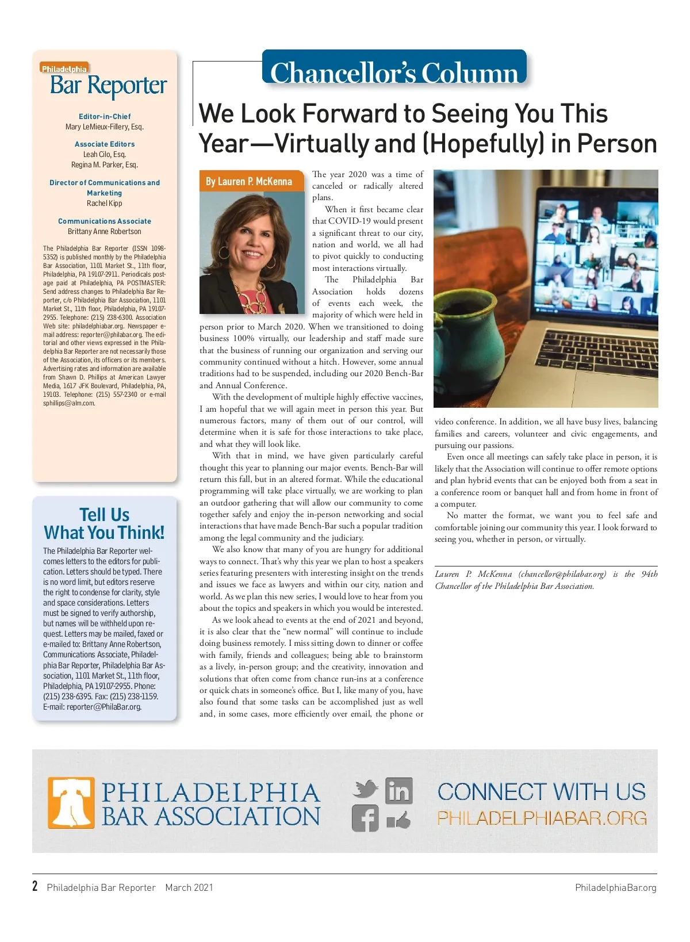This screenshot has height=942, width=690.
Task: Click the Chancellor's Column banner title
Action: [394, 72]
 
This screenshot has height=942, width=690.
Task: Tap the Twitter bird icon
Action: [365, 788]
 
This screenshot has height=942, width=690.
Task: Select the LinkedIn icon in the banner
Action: [398, 791]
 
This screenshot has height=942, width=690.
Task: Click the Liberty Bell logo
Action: [71, 802]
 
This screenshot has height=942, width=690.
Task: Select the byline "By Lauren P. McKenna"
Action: [249, 181]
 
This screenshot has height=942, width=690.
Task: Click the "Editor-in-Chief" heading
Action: [105, 116]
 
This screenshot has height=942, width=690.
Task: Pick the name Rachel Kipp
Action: [105, 204]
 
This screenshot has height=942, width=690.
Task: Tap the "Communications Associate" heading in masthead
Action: [105, 221]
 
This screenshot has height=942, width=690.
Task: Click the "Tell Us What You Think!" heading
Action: [105, 523]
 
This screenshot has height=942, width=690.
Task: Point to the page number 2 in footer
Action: [35, 886]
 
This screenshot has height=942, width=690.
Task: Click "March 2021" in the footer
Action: [189, 887]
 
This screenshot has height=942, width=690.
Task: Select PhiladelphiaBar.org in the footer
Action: [615, 887]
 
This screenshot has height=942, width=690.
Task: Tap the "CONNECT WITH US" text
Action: [542, 792]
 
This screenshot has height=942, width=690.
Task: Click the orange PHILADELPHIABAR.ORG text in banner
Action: [542, 818]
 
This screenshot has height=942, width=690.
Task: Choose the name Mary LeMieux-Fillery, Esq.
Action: [105, 127]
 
